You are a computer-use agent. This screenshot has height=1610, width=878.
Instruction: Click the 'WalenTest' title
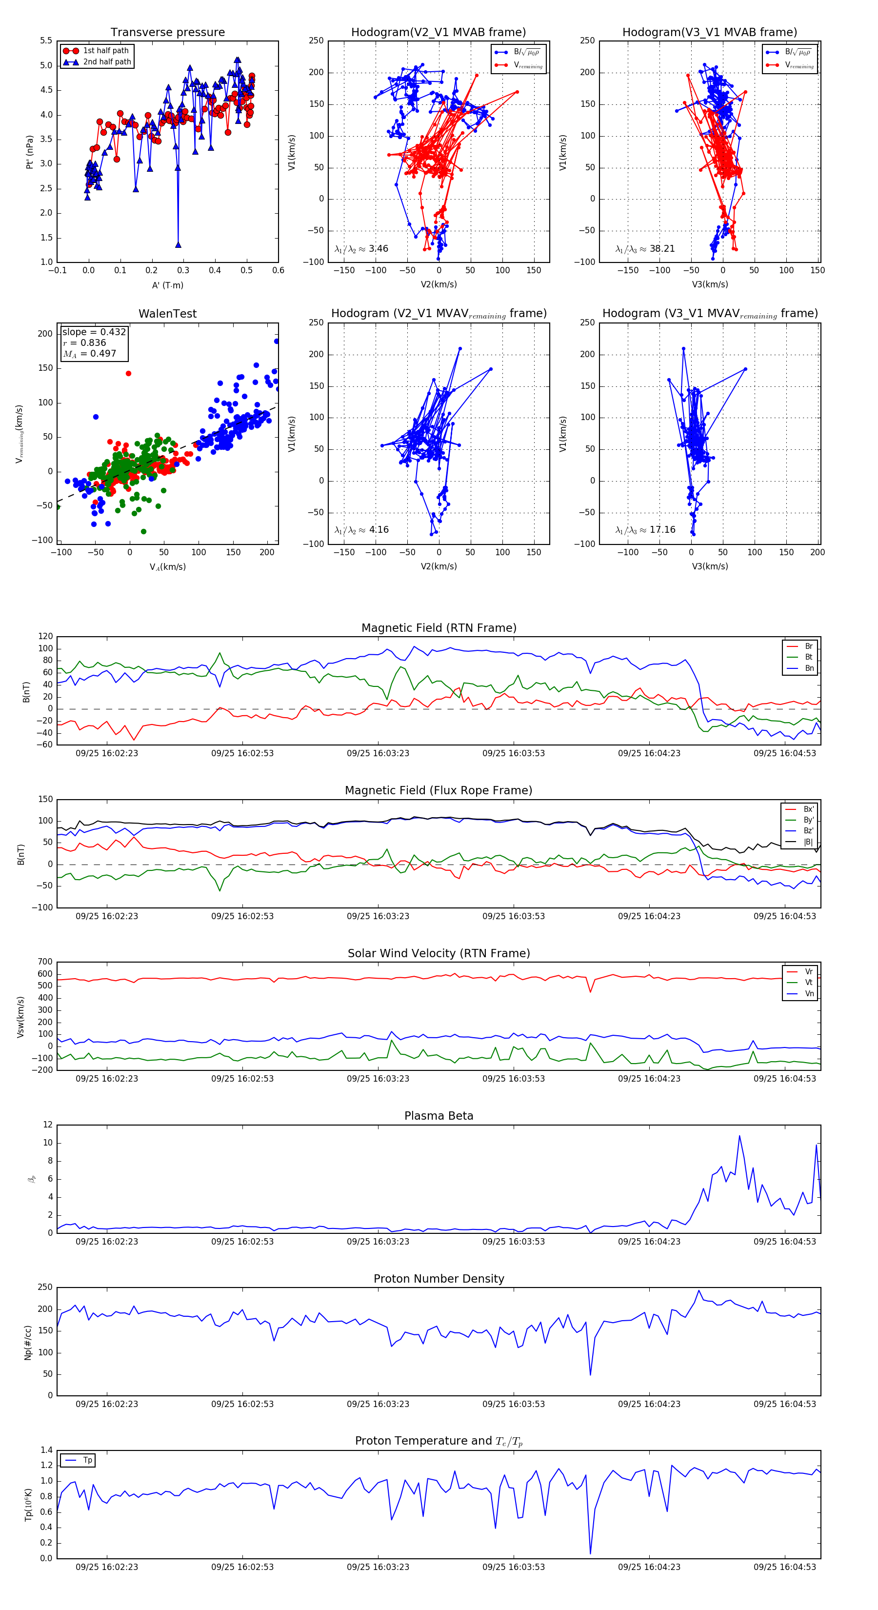167,314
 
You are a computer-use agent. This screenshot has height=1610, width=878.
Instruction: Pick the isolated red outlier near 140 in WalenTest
129,374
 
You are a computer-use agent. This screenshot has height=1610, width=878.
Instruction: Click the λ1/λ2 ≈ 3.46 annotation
361,249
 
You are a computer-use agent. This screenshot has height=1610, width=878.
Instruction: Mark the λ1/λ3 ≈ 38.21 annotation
645,249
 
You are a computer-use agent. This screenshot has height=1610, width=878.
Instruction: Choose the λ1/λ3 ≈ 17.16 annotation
645,530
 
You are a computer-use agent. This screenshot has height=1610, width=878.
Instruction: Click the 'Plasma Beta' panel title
439,1116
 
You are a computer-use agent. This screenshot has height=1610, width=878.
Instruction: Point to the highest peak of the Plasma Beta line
739,1136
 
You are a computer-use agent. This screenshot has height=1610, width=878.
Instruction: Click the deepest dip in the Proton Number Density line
590,1374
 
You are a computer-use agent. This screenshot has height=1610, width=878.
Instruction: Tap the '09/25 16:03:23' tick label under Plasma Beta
378,1241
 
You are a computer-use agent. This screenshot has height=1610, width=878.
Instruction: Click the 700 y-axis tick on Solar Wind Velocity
45,962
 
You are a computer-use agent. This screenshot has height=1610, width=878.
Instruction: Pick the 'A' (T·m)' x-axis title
167,285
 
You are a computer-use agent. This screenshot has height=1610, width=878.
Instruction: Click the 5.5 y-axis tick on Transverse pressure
46,40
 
